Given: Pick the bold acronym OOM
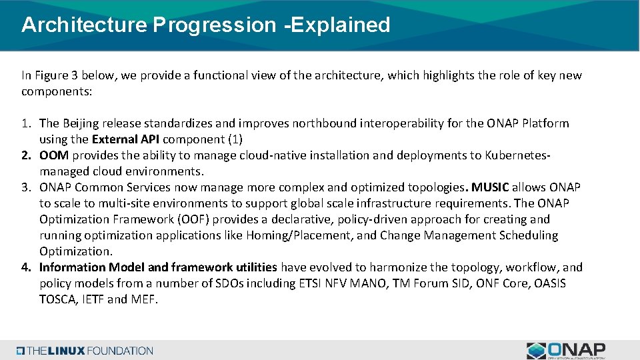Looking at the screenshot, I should click(x=53, y=155).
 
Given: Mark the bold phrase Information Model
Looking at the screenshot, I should click(x=92, y=267).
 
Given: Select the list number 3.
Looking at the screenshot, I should click(x=26, y=187).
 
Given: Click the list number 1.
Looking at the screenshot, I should click(x=26, y=123).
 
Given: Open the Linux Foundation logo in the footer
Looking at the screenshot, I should click(x=85, y=351).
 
